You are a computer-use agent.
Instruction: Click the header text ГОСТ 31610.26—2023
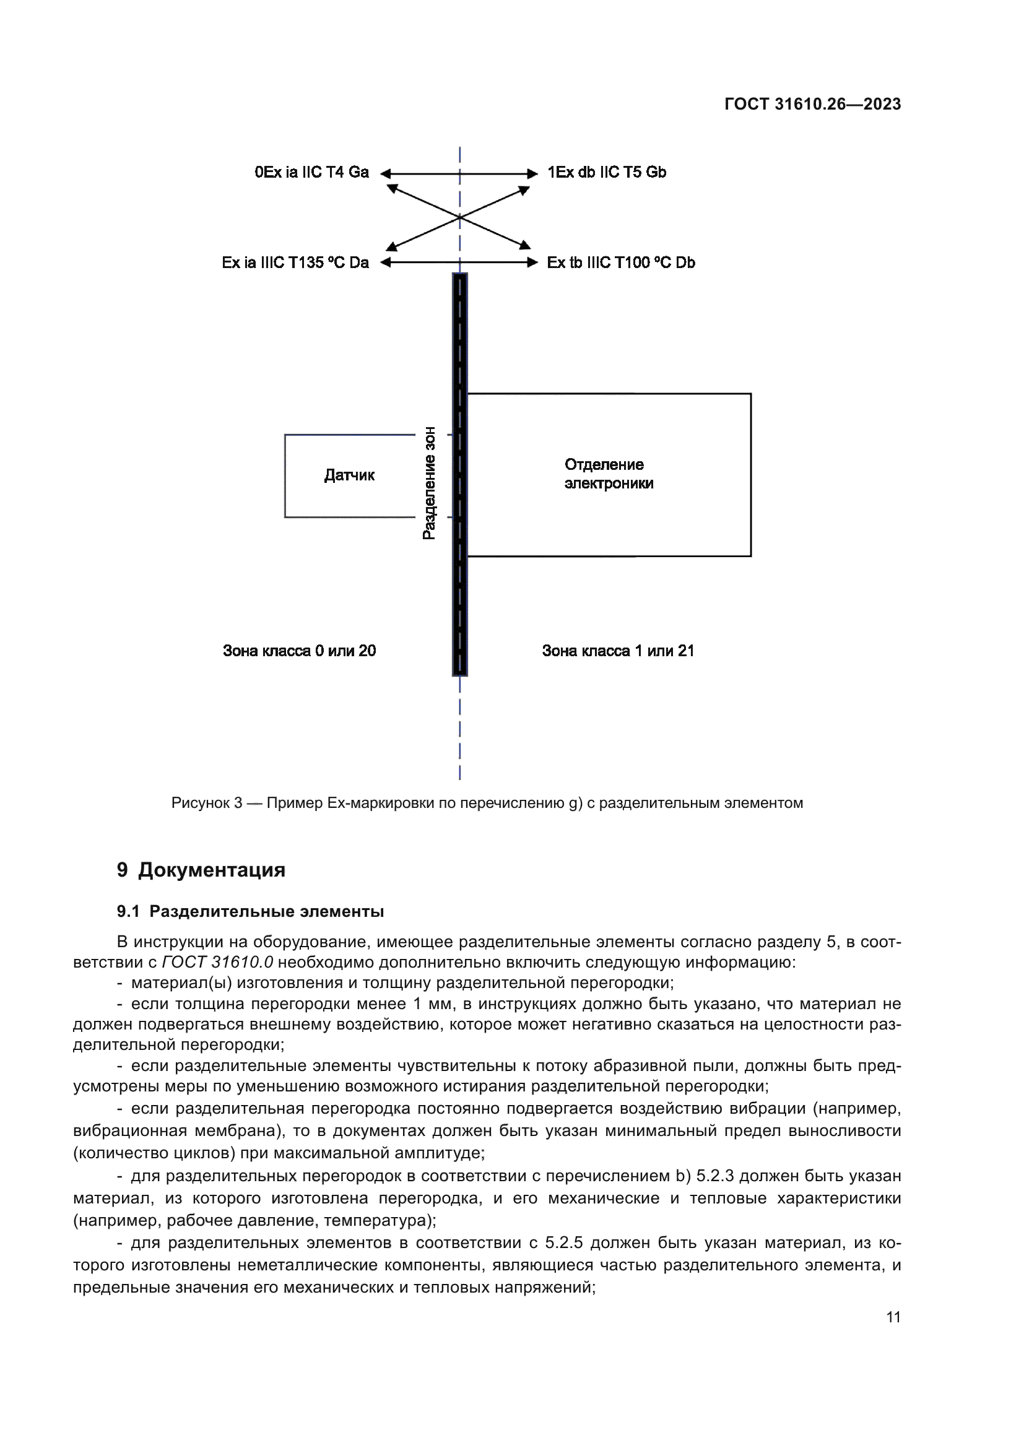[812, 105]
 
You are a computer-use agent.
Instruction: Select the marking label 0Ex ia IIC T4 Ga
[311, 172]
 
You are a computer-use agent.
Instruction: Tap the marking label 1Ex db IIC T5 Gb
[607, 172]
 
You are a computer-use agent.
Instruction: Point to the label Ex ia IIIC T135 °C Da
[295, 262]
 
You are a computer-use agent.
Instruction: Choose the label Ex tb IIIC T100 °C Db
[620, 262]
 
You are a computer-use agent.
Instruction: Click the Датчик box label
[349, 475]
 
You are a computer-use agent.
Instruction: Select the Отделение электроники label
[608, 474]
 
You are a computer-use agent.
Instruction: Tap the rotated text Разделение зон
[429, 482]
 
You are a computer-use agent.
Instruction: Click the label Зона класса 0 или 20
[299, 651]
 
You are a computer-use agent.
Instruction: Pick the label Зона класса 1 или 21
[618, 651]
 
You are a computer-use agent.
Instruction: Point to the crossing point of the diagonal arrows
[459, 217]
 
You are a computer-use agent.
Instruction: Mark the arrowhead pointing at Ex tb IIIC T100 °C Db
[533, 262]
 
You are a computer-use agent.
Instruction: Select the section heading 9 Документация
[201, 870]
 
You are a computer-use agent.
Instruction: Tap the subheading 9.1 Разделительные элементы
[250, 911]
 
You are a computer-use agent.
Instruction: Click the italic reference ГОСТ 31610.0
[217, 963]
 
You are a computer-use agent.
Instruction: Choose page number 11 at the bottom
[893, 1317]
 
